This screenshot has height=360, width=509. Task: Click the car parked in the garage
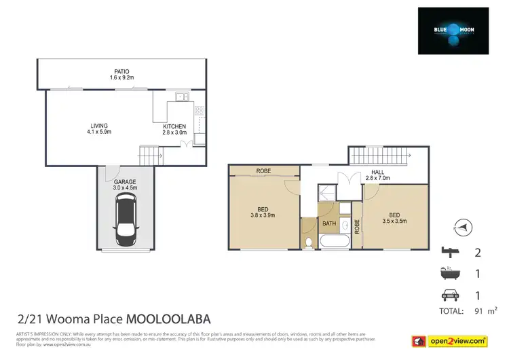126,219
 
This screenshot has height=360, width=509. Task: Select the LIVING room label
100,125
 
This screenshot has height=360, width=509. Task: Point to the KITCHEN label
174,126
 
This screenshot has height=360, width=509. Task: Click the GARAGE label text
124,183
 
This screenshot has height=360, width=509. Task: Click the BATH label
329,223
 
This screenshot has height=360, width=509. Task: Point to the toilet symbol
309,242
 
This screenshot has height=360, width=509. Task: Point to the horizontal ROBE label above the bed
264,171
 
